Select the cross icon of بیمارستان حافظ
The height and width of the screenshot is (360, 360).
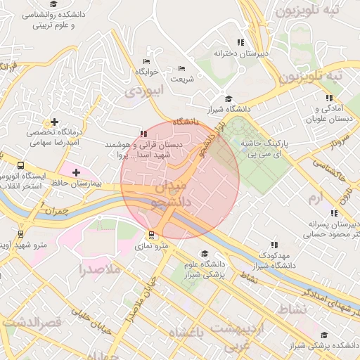(x=76, y=172)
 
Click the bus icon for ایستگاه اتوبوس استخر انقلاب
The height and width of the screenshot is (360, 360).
(x=20, y=167)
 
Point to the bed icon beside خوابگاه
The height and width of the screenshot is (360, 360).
(x=146, y=61)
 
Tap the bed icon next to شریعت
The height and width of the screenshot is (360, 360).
(x=182, y=68)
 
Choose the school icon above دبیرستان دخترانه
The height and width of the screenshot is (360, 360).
(x=241, y=42)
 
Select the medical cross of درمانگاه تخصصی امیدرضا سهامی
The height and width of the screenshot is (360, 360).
(x=54, y=122)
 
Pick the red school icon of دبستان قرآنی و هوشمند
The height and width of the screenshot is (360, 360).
(x=144, y=134)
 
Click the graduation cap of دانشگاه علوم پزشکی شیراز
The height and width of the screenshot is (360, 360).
(x=205, y=254)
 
